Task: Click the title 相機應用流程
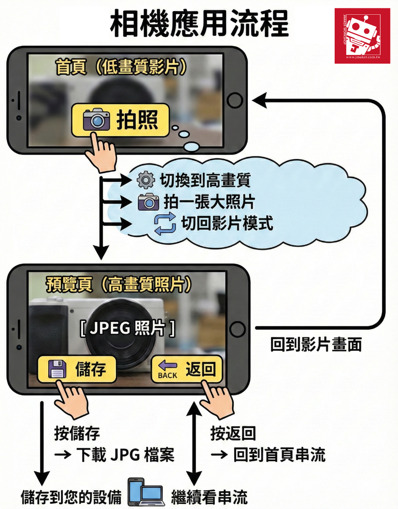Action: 199,24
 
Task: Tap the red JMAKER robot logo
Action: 362,36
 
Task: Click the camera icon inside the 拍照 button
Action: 96,119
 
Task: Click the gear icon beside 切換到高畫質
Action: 146,180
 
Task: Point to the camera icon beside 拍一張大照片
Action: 148,202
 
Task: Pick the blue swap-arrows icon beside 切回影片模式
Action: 165,223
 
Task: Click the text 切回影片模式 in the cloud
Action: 227,223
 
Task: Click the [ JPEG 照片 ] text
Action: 127,328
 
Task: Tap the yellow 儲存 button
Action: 77,369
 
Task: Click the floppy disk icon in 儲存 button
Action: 57,369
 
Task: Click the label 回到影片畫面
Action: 316,344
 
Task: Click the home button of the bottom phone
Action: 237,329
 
